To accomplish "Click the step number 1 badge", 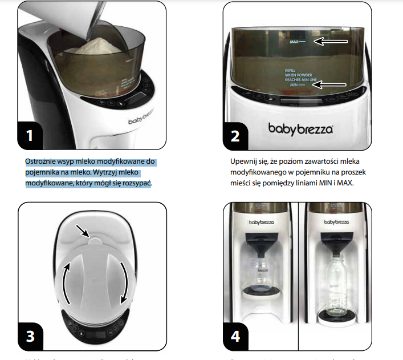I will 33,135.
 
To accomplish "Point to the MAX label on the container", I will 294,42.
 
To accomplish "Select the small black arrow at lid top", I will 84,232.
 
